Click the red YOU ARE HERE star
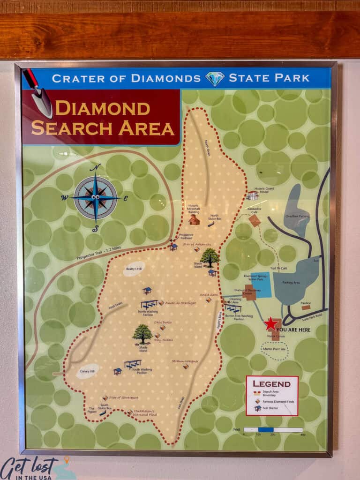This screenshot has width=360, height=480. click(x=270, y=323)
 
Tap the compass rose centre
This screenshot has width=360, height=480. click(x=96, y=197)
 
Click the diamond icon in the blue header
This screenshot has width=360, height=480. click(x=215, y=78)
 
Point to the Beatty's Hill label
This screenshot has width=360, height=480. click(x=134, y=269)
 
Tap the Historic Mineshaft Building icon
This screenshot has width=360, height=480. click(x=194, y=220)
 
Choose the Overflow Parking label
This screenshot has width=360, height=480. click(x=296, y=217)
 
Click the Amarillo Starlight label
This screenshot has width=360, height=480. click(x=180, y=303)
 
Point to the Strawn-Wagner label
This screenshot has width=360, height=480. click(x=185, y=361)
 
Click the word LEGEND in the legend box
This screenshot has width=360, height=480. click(x=272, y=383)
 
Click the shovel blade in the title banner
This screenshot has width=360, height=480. click(x=43, y=103)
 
